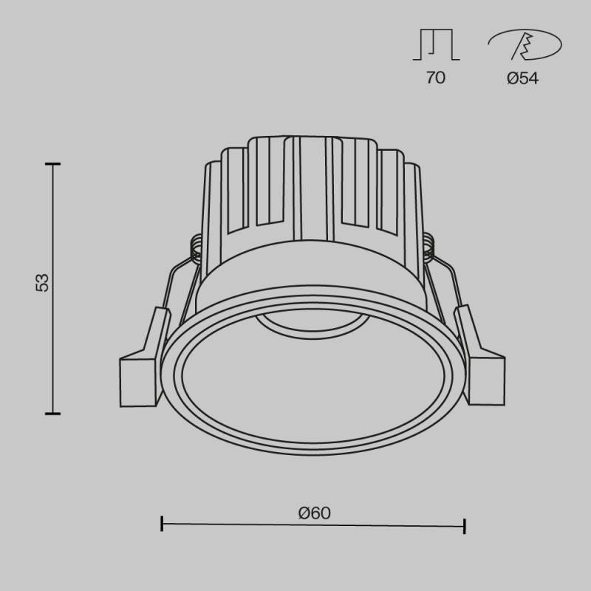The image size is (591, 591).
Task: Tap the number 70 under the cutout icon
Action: click(436, 78)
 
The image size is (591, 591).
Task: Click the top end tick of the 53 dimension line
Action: click(52, 164)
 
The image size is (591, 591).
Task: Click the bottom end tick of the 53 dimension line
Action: click(52, 414)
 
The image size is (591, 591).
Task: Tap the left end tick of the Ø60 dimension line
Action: click(162, 525)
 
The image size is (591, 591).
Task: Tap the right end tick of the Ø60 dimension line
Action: click(464, 525)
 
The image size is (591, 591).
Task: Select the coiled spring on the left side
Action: click(196, 248)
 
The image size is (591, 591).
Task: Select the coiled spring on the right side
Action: click(429, 248)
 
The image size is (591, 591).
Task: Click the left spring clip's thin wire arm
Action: click(176, 284)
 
